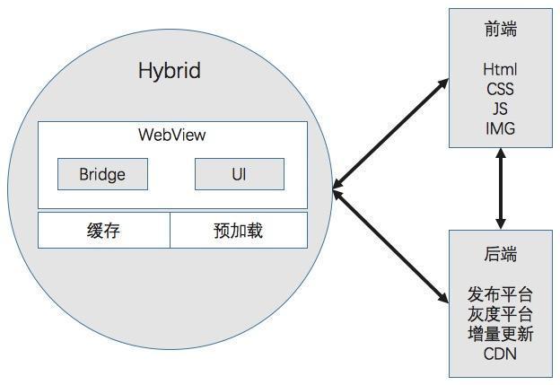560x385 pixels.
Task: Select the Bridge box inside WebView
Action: pyautogui.click(x=102, y=174)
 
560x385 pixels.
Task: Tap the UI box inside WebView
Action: pyautogui.click(x=239, y=174)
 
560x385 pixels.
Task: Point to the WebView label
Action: pyautogui.click(x=171, y=136)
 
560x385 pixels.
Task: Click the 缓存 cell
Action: pyautogui.click(x=103, y=231)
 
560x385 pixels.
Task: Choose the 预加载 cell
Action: pyautogui.click(x=238, y=231)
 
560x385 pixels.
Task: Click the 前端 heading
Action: pyautogui.click(x=500, y=30)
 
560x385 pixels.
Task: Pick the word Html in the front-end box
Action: pyautogui.click(x=500, y=69)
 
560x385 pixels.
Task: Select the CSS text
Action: pyautogui.click(x=500, y=89)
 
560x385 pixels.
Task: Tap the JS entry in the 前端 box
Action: pyautogui.click(x=500, y=109)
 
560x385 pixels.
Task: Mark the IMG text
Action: pyautogui.click(x=500, y=128)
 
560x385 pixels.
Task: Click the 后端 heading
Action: pyautogui.click(x=500, y=255)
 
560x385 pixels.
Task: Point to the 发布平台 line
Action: pyautogui.click(x=500, y=294)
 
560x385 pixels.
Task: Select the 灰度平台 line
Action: pyautogui.click(x=500, y=314)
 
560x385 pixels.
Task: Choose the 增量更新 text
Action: pyautogui.click(x=500, y=334)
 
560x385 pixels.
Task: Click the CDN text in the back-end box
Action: pyautogui.click(x=500, y=354)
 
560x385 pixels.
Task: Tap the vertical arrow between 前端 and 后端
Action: pyautogui.click(x=500, y=188)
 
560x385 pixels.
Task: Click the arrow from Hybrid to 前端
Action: pyautogui.click(x=390, y=135)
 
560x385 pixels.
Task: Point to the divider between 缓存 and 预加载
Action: pyautogui.click(x=171, y=231)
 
